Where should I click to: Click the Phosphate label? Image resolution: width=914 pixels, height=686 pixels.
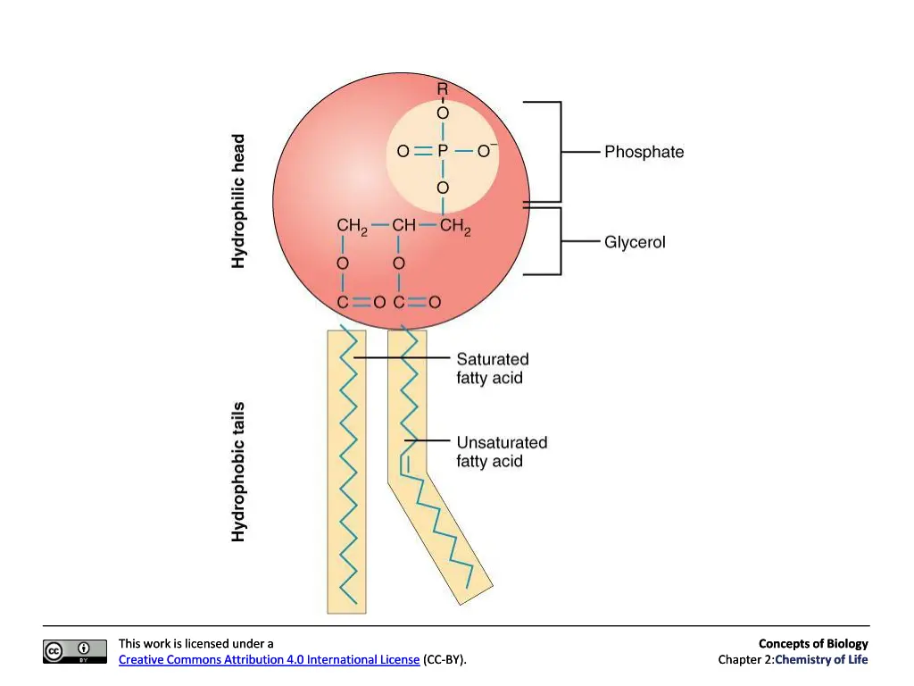tap(644, 152)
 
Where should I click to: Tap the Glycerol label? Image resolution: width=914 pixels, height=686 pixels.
tap(635, 242)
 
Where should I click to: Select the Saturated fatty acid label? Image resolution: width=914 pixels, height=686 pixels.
tap(493, 368)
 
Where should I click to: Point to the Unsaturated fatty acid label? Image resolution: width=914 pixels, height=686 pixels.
tap(502, 451)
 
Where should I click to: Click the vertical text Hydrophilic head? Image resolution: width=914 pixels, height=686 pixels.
tap(237, 201)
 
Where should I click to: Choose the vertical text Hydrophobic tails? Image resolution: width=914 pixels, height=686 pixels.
tap(237, 472)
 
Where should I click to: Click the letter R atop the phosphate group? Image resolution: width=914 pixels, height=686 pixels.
tap(443, 89)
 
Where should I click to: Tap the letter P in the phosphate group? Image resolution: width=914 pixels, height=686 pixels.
tap(443, 151)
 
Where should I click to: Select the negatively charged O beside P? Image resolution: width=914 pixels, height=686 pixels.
tap(486, 150)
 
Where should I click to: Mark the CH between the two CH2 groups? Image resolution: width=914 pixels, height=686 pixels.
tap(404, 225)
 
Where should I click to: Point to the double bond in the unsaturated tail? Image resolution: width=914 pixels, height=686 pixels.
tap(405, 464)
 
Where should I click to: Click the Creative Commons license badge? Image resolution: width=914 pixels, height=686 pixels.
tap(75, 651)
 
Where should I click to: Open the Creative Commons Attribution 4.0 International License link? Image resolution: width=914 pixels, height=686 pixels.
tap(270, 660)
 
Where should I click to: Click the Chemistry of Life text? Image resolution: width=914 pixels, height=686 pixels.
tap(821, 660)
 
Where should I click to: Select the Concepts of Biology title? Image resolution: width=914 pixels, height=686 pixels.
tap(813, 643)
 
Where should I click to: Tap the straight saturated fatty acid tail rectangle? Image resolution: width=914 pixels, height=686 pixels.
tap(347, 472)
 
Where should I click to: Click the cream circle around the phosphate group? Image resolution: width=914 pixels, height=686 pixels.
tap(443, 155)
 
